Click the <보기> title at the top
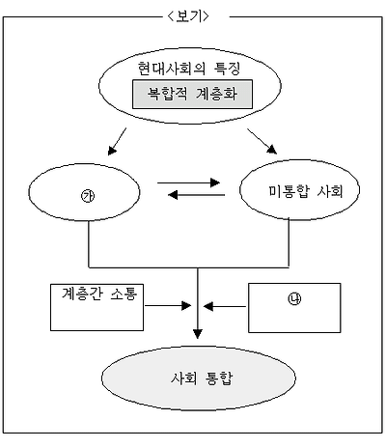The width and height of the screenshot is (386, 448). (x=194, y=14)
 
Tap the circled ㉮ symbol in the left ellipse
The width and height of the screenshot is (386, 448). (x=89, y=194)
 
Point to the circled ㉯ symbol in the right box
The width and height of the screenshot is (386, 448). (x=294, y=298)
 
